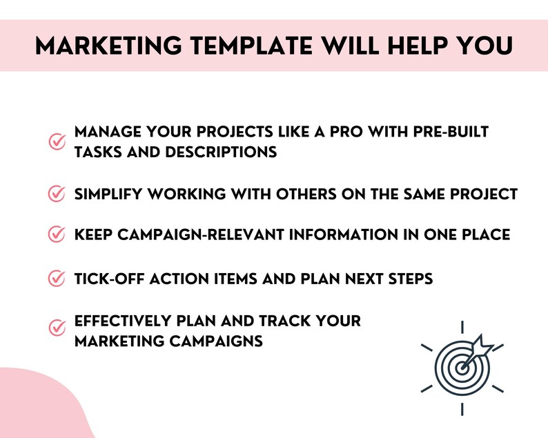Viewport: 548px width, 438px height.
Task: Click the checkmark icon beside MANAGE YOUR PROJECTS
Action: (57, 142)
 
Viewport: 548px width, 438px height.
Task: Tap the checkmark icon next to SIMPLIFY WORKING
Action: (57, 195)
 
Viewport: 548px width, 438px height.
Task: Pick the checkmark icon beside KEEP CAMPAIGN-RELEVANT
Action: (57, 235)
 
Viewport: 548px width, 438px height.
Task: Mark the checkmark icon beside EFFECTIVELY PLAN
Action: (57, 328)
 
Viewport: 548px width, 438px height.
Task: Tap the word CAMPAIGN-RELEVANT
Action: (197, 235)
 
